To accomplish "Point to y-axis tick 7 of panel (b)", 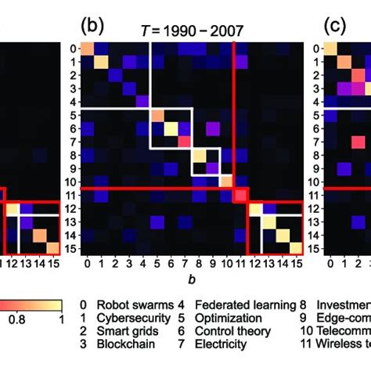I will click(x=72, y=141).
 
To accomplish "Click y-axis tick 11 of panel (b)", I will click(x=70, y=194).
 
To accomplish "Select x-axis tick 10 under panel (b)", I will click(x=226, y=262).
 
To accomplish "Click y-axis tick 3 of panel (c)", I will click(x=315, y=88).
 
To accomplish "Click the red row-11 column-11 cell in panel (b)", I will click(x=241, y=195).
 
